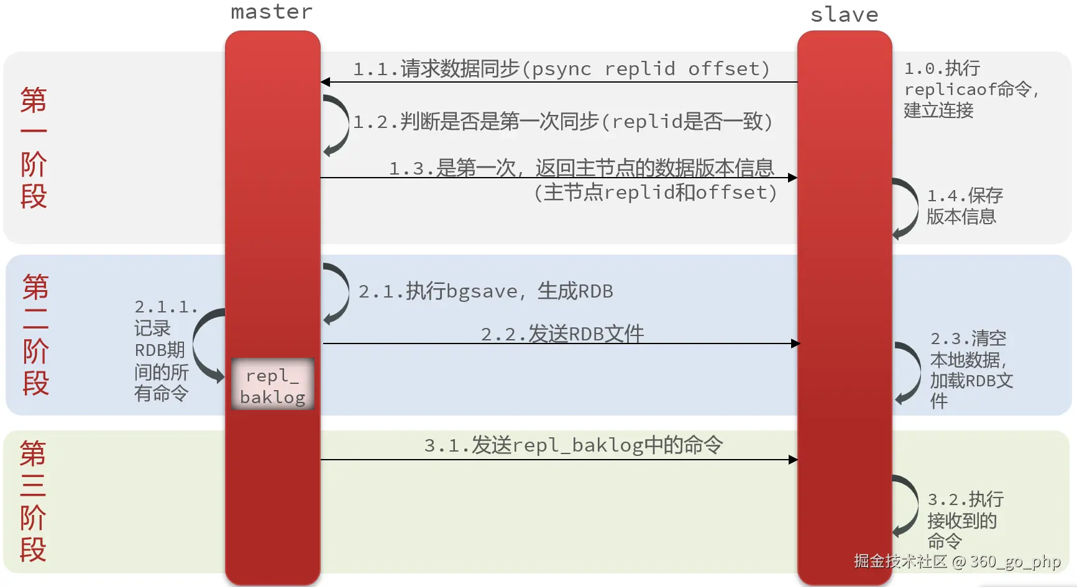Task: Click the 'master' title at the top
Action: pos(272,12)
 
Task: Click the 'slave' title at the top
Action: pos(844,14)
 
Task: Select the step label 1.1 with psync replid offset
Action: pos(561,68)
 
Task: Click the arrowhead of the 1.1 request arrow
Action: pos(326,82)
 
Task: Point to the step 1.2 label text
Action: pos(562,121)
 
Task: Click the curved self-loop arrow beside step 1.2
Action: pos(339,124)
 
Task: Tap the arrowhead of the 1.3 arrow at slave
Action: pos(792,178)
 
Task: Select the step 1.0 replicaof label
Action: pos(969,89)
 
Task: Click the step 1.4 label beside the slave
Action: pos(964,206)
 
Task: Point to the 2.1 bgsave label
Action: pos(485,291)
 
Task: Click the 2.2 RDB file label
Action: pos(562,334)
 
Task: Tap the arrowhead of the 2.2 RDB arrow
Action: pos(795,344)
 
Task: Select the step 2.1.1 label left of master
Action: pos(163,350)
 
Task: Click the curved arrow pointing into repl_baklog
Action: pos(205,345)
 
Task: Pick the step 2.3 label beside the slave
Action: pos(970,369)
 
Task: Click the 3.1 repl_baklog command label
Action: pos(573,445)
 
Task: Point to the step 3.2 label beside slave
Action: pos(964,519)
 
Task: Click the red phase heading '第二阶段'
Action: pos(35,335)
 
